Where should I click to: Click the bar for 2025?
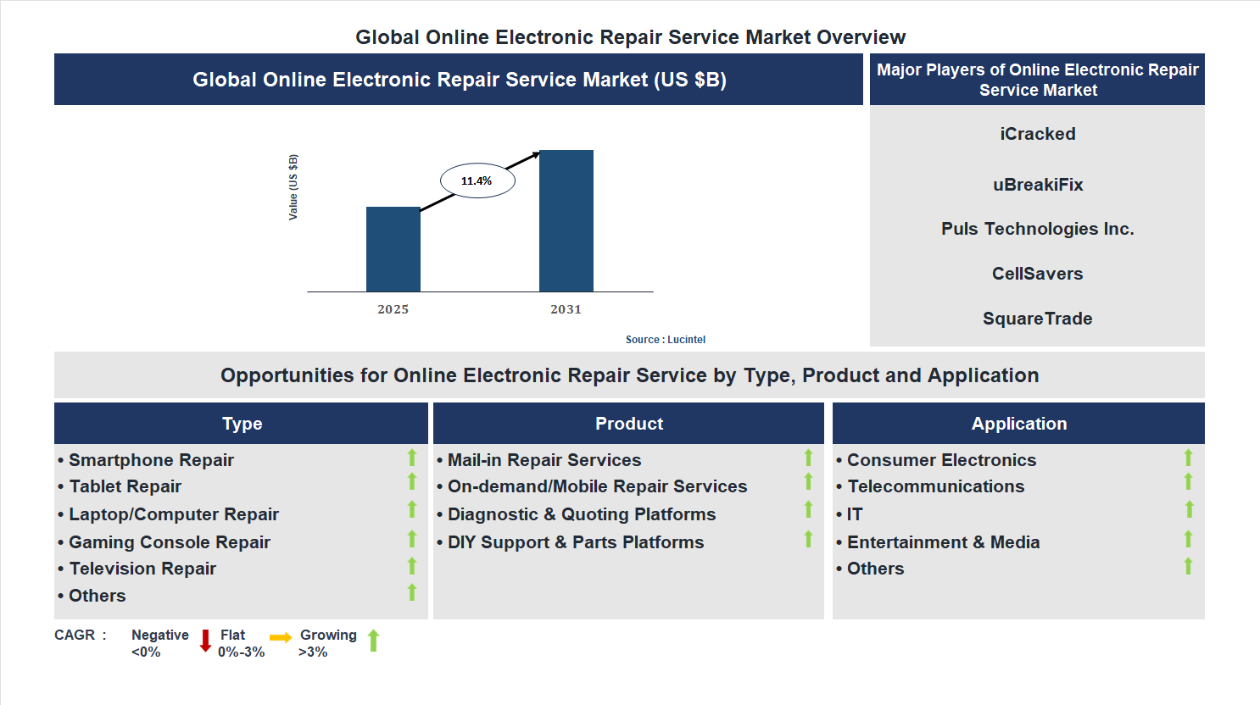[393, 249]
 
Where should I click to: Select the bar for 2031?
[566, 221]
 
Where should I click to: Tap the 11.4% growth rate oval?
[477, 180]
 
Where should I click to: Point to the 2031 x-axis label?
[566, 309]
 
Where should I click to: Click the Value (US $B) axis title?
[293, 187]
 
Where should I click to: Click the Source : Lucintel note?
[665, 340]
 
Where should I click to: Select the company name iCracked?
[1037, 134]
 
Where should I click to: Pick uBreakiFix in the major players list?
[1037, 185]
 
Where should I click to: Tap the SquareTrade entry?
[1037, 319]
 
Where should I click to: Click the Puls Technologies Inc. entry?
[1037, 229]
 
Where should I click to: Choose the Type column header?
[242, 424]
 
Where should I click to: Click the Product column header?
[628, 424]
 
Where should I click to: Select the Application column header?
[1018, 424]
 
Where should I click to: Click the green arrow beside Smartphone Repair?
[412, 458]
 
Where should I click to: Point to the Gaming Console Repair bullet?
[169, 542]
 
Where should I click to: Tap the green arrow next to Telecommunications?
[1188, 482]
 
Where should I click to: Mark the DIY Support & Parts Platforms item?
[575, 542]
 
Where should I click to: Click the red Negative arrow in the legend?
[205, 641]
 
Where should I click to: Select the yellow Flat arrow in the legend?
[281, 637]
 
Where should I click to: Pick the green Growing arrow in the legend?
[373, 641]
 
